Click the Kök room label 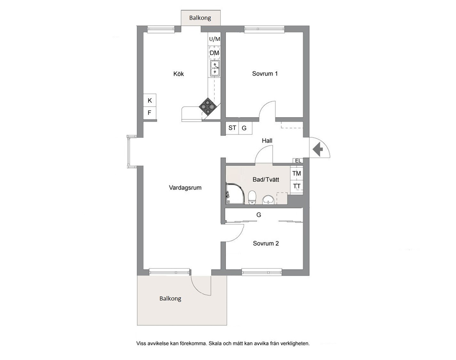(178, 74)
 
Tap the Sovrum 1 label (265, 73)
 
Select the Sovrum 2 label (266, 243)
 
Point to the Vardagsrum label (185, 188)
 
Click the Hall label (267, 141)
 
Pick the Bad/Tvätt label (266, 180)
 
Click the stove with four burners (207, 107)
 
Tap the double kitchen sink (215, 68)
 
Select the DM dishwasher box (215, 53)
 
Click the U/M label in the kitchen (215, 39)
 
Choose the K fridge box (150, 101)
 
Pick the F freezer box (150, 113)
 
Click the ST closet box (232, 128)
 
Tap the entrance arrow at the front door (318, 149)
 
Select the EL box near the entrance (298, 160)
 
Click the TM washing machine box (296, 174)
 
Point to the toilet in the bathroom (252, 197)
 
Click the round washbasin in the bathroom (268, 200)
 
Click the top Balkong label (200, 18)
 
